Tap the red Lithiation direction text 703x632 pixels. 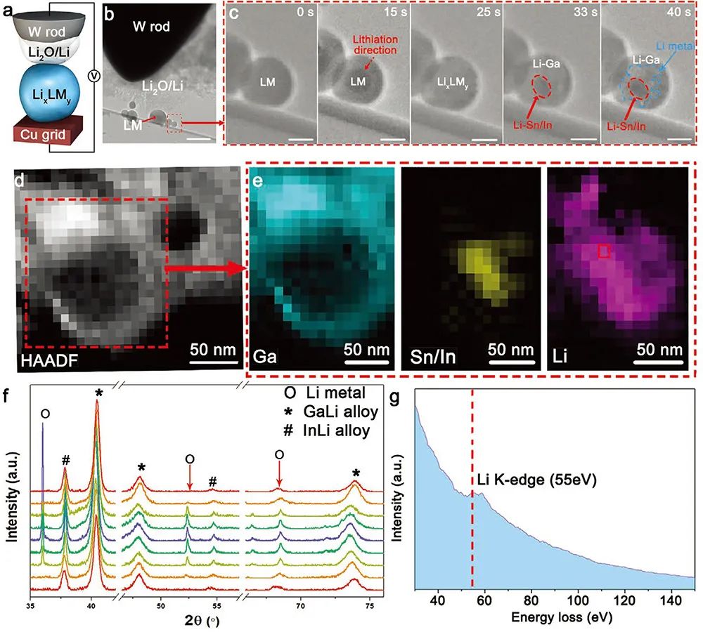tap(367, 46)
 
